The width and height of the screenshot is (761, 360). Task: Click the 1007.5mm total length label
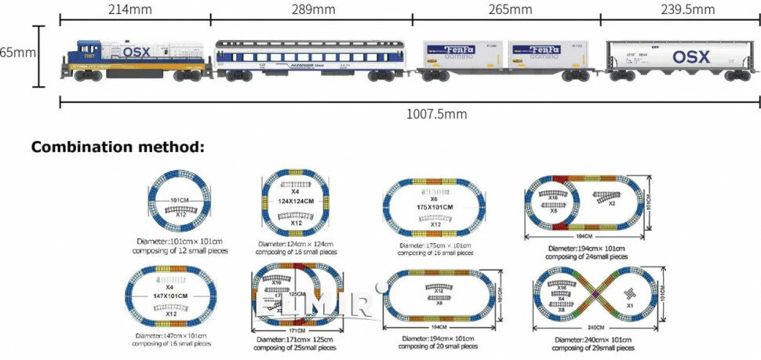coord(436,114)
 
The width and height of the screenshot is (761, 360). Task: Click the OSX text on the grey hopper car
coord(690,56)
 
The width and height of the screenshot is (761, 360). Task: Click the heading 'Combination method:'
coord(118,147)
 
